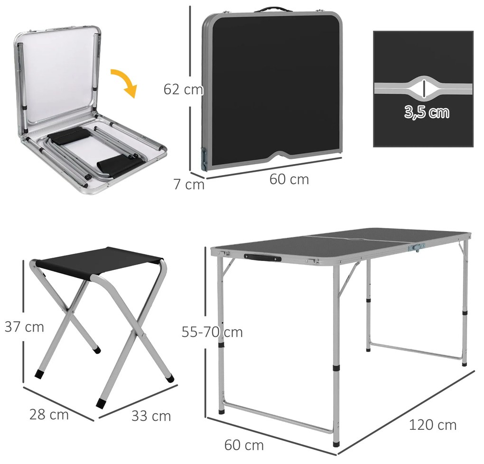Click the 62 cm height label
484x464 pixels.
183,90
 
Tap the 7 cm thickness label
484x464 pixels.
189,184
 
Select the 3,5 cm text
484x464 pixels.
427,112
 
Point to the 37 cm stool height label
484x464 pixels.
24,326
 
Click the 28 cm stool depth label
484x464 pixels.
49,414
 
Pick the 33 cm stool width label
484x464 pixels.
151,416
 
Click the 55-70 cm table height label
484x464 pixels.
212,332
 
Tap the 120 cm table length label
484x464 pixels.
432,425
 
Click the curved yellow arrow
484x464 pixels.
125,82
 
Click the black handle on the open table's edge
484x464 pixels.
262,257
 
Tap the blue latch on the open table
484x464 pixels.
417,247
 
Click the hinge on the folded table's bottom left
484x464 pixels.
204,158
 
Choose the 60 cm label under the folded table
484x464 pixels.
289,179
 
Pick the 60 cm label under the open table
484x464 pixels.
244,445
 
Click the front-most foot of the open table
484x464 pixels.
336,444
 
